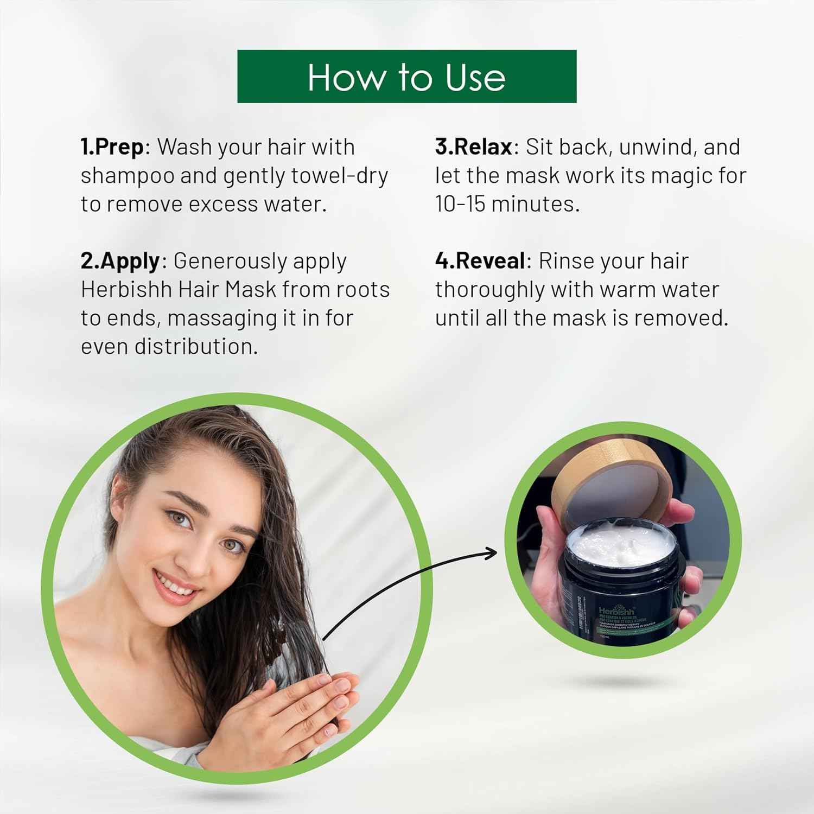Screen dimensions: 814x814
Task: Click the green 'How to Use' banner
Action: pos(406,77)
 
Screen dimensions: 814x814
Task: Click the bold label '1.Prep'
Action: pos(112,147)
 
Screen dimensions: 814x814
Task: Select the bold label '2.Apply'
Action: pos(120,261)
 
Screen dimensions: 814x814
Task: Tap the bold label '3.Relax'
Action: pos(473,147)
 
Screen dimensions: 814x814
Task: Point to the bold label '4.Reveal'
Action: pos(480,261)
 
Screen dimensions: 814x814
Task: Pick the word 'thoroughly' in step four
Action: pos(489,290)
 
